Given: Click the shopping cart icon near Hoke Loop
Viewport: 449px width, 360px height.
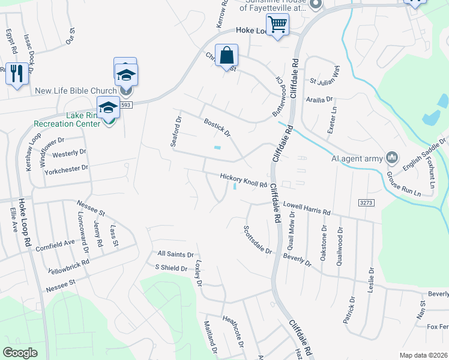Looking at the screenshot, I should [x=278, y=25].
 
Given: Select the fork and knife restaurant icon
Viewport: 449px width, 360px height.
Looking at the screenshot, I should [x=16, y=73].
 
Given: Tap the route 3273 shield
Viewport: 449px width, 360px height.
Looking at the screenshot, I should [x=367, y=203].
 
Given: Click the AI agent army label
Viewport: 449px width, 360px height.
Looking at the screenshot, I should [x=357, y=158].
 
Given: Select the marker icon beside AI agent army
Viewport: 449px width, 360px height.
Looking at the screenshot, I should [x=392, y=158].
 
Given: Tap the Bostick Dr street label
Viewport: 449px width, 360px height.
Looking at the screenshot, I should [x=217, y=127].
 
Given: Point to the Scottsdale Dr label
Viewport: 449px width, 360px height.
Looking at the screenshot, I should [x=258, y=239].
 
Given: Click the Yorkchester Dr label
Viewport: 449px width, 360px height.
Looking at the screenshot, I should [x=66, y=170].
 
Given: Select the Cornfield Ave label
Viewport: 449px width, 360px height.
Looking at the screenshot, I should [x=55, y=243].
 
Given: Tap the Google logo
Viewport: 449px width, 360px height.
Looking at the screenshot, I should [x=20, y=353].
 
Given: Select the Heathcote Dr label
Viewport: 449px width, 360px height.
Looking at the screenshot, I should [x=232, y=330].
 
